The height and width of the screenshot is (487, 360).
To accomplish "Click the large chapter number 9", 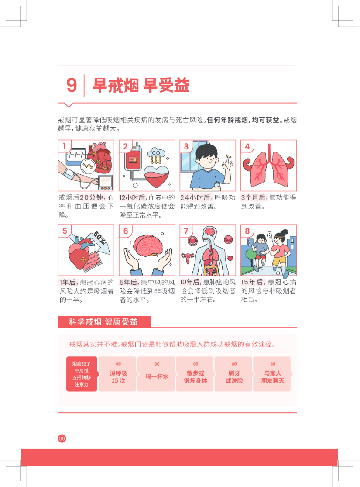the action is click(x=72, y=85).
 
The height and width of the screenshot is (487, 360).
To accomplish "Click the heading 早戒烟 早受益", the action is click(x=141, y=85).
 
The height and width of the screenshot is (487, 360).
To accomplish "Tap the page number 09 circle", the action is click(x=62, y=439).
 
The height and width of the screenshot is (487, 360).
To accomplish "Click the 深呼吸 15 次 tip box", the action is click(x=118, y=374).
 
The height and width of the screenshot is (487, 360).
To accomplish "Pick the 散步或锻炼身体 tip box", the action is click(x=195, y=374).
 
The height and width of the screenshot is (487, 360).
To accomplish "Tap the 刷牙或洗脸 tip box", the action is click(x=233, y=374).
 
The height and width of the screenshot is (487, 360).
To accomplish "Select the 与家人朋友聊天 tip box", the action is click(x=272, y=374).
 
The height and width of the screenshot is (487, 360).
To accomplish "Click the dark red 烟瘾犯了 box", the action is click(x=82, y=374).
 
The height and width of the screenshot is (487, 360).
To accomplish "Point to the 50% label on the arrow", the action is click(x=100, y=238).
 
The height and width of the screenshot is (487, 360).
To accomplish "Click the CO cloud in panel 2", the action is click(x=156, y=153).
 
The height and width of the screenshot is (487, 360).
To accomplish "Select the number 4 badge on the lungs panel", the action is click(x=247, y=146).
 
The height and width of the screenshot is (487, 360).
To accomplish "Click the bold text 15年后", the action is click(x=253, y=282).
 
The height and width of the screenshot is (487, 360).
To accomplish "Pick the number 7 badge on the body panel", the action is click(x=186, y=231).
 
